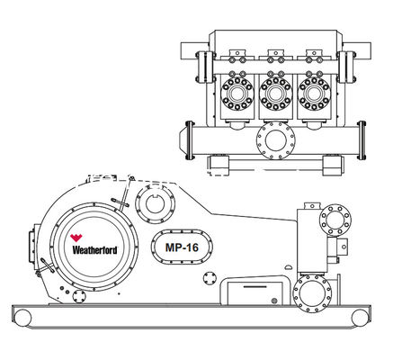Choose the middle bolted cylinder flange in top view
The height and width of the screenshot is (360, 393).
pyautogui.click(x=274, y=92)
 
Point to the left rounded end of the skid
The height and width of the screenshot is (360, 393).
pyautogui.click(x=19, y=315)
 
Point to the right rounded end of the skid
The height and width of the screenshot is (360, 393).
pyautogui.click(x=360, y=315)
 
